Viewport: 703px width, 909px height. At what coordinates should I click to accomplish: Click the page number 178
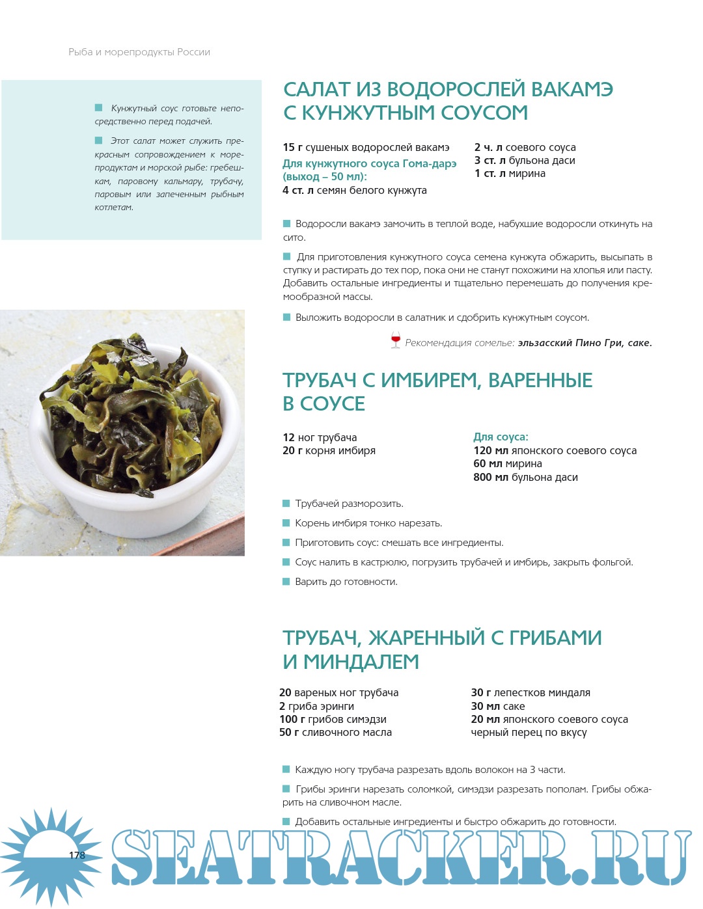[x=77, y=855]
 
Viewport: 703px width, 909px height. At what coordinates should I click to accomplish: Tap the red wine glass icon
[x=395, y=340]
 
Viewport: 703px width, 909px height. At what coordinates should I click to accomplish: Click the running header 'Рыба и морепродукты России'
[x=139, y=52]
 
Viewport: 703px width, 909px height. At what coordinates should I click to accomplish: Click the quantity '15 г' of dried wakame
[x=292, y=148]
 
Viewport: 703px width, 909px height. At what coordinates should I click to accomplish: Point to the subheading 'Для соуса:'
[x=501, y=437]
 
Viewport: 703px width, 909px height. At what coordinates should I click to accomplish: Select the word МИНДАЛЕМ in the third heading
[x=361, y=662]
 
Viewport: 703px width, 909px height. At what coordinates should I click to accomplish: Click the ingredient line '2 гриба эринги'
[x=317, y=706]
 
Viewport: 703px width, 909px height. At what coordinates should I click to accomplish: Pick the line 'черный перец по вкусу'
[x=529, y=733]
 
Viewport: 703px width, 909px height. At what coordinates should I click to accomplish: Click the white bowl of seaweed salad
[x=137, y=442]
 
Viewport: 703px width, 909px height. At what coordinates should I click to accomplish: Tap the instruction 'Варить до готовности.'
[x=346, y=582]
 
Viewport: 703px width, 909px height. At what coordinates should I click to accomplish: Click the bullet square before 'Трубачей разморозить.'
[x=286, y=504]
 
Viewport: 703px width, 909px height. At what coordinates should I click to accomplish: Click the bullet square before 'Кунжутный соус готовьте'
[x=99, y=108]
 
